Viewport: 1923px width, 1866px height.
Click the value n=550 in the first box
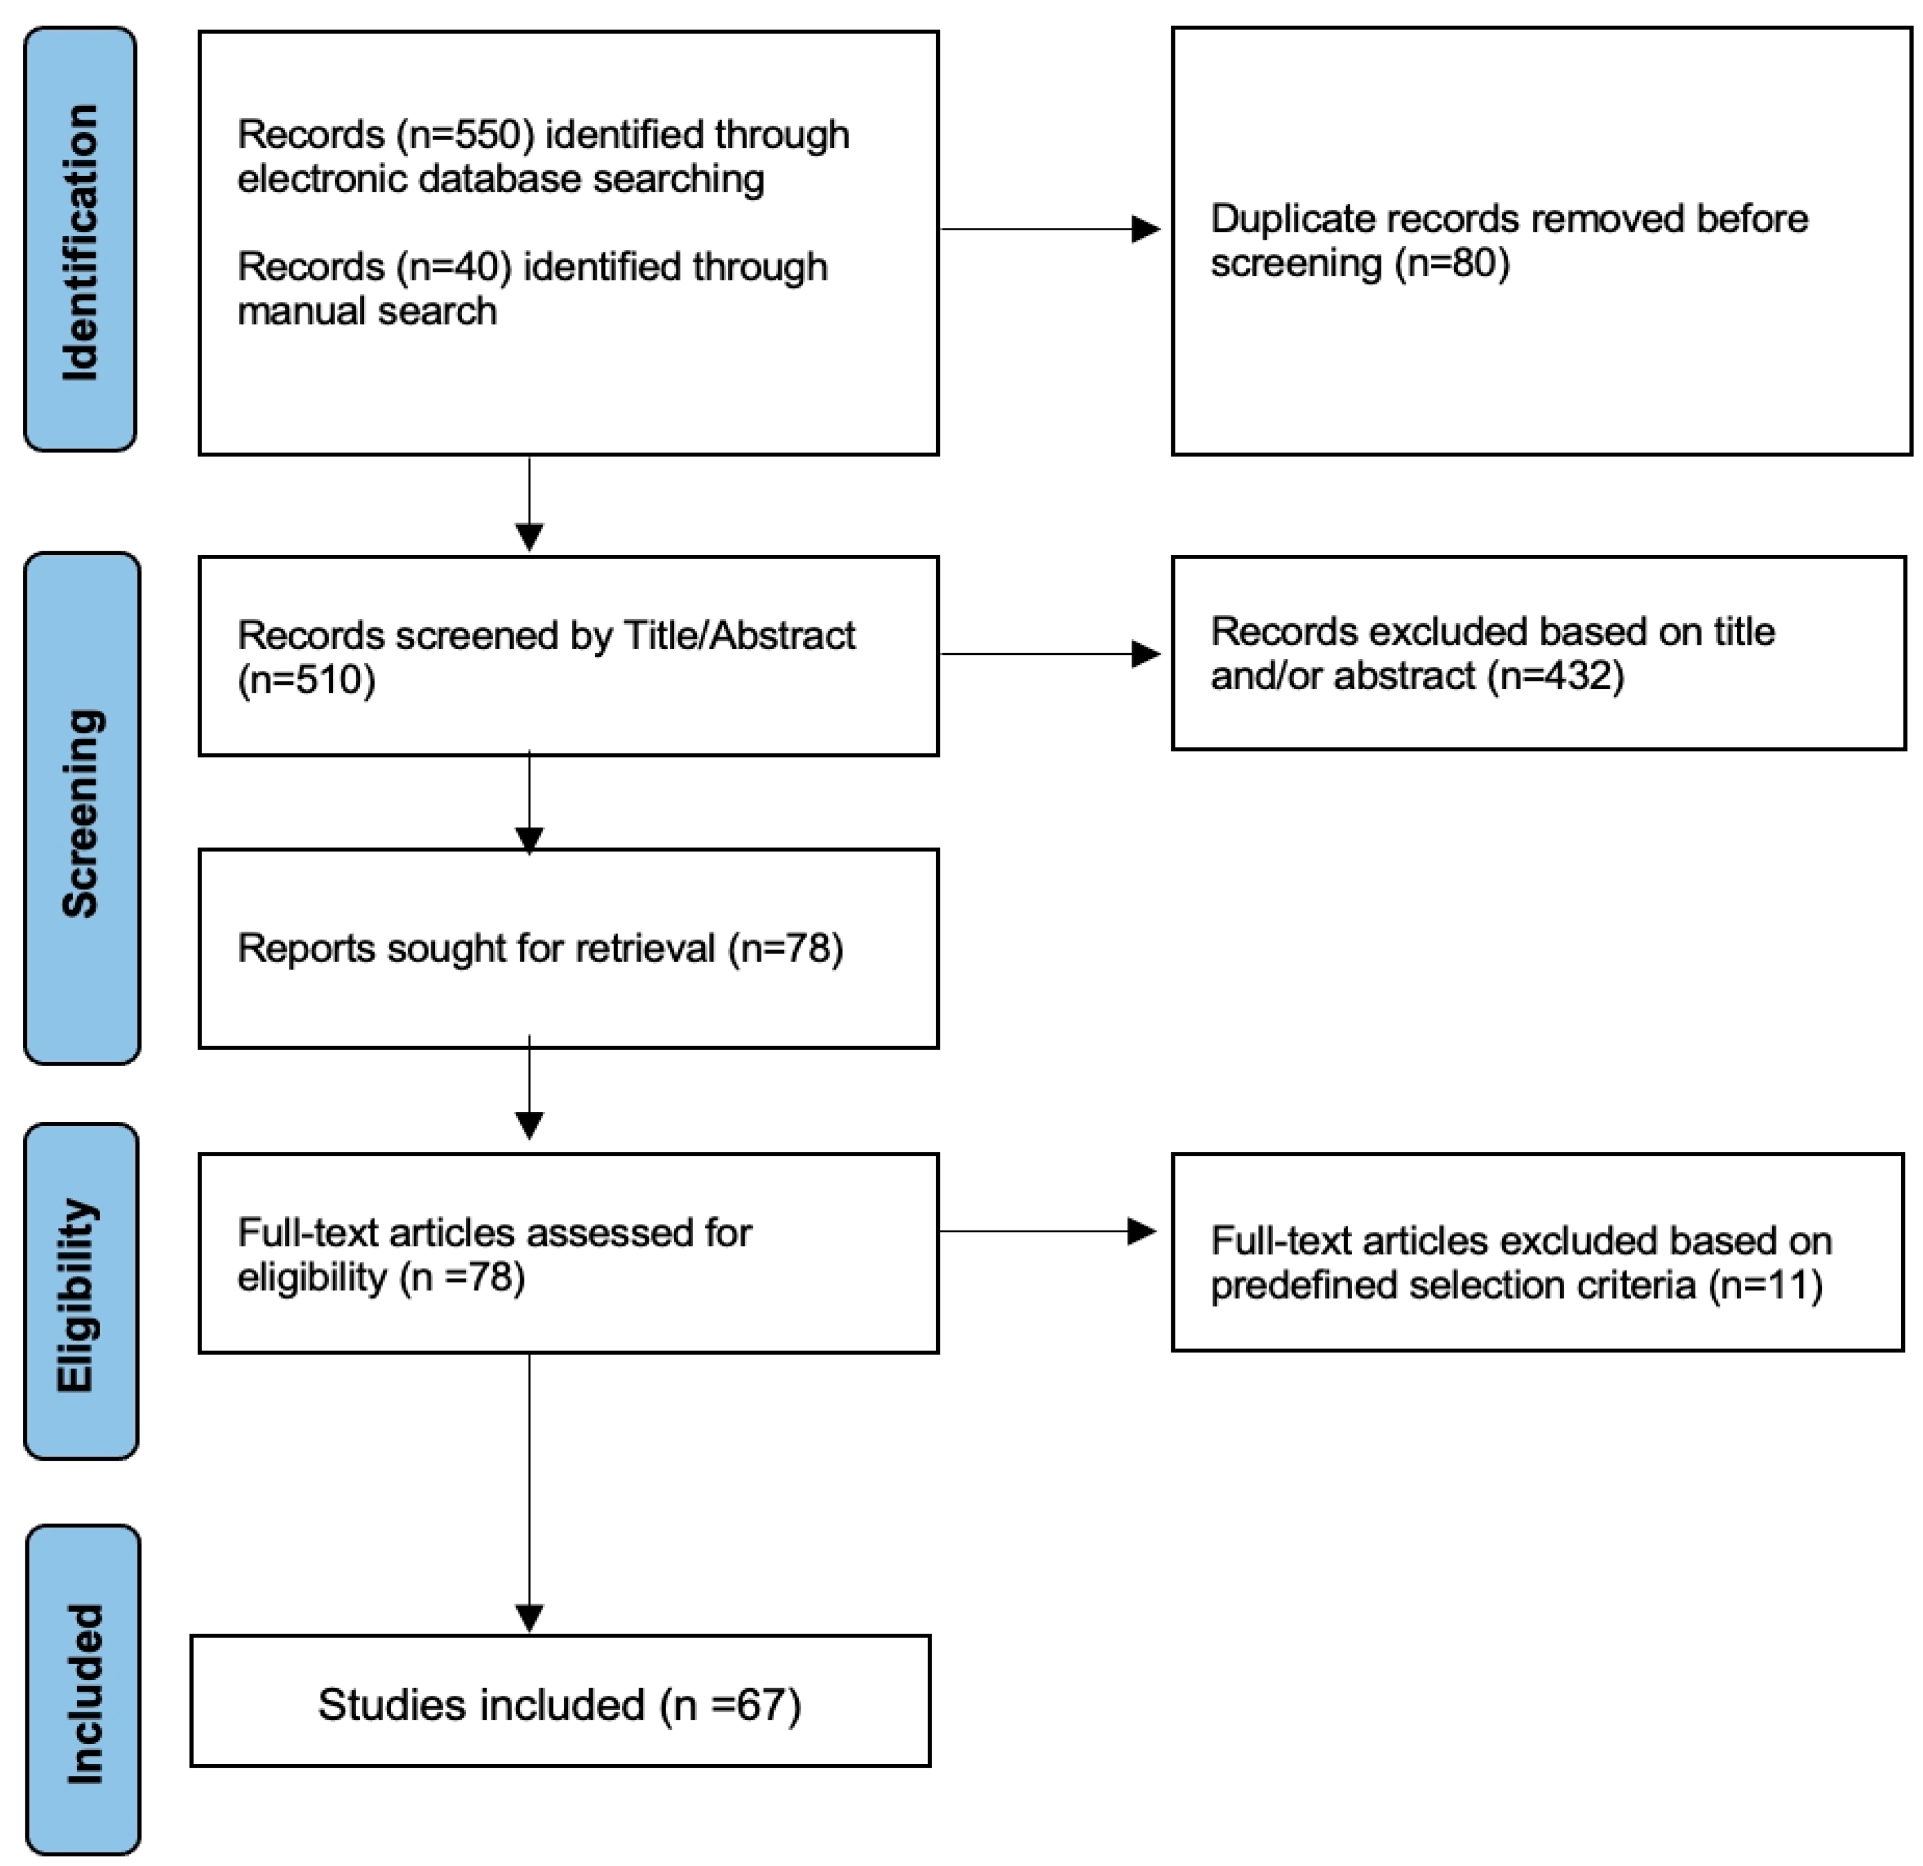pos(466,134)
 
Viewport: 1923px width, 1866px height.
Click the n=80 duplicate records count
pos(1452,263)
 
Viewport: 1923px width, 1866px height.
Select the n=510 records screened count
pos(306,680)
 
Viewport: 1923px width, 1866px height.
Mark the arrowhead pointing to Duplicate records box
pos(1145,230)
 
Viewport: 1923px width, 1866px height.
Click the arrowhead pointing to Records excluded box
pos(1145,654)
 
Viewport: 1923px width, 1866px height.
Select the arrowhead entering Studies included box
pos(530,1618)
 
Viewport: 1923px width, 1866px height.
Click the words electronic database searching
pos(500,178)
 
